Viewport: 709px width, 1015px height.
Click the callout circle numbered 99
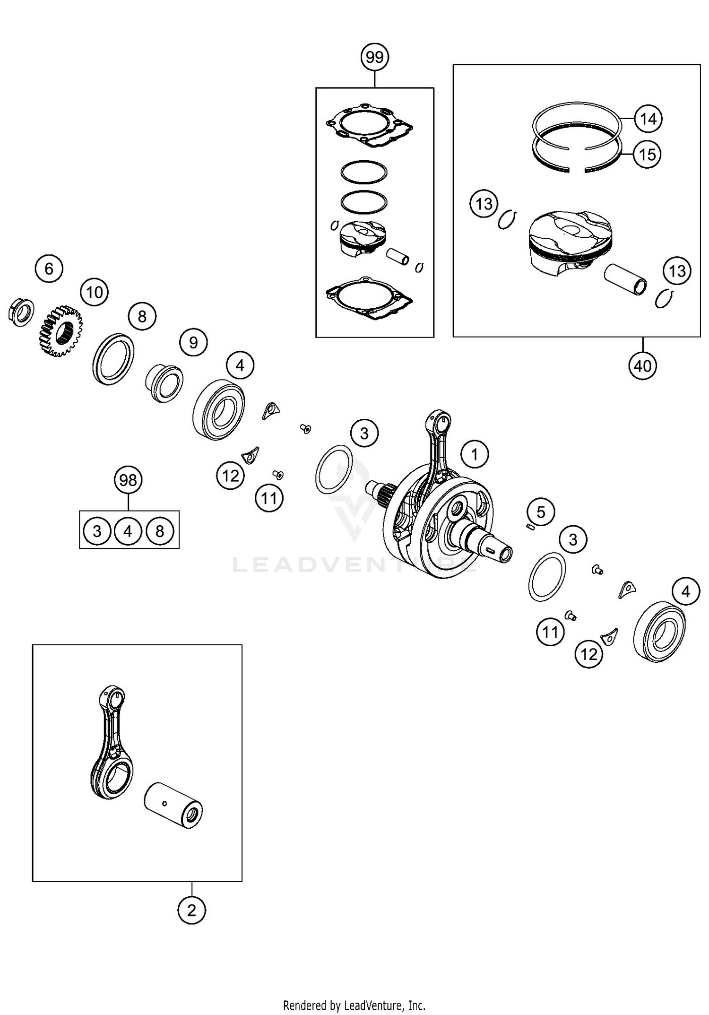point(374,58)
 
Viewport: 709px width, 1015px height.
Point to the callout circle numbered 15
point(647,154)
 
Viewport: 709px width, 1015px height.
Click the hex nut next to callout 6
point(21,312)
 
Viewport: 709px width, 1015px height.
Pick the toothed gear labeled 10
point(60,330)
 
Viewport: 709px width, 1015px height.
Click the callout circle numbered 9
point(193,342)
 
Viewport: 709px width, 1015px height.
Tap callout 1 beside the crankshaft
point(475,454)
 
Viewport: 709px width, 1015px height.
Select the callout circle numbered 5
point(541,512)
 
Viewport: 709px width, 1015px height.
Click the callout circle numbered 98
point(128,480)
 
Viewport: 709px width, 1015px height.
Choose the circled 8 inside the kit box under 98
point(160,531)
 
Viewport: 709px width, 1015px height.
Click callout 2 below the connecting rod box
point(191,910)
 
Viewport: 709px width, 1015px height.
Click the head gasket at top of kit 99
point(370,124)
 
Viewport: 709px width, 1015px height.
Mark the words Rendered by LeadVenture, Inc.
point(354,1005)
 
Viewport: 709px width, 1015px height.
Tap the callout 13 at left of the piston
point(484,204)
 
